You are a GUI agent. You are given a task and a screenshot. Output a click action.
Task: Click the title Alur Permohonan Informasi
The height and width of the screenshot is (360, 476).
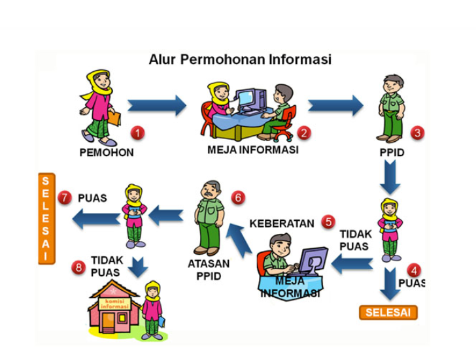(239, 59)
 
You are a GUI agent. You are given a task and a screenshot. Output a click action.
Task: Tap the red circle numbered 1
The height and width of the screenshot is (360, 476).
(137, 133)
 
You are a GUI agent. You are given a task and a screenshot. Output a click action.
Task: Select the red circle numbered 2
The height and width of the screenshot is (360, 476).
(303, 133)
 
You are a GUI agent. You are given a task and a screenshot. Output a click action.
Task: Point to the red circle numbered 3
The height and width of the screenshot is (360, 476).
(418, 133)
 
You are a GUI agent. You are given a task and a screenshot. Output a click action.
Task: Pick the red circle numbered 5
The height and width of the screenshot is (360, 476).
(328, 222)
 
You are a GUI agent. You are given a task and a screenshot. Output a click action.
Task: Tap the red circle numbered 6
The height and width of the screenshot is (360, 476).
(237, 197)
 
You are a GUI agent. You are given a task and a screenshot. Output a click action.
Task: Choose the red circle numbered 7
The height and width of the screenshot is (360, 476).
(64, 197)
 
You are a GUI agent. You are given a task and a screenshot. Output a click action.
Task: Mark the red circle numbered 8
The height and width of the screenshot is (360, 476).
(80, 267)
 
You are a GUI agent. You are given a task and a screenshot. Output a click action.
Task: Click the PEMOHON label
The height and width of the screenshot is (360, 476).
(107, 153)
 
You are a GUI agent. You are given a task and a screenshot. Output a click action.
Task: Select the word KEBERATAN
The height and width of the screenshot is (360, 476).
(282, 223)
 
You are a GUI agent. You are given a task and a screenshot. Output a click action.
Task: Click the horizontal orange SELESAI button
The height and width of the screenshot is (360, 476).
(388, 312)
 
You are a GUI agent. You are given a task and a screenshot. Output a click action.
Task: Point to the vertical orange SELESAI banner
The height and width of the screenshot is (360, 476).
(44, 218)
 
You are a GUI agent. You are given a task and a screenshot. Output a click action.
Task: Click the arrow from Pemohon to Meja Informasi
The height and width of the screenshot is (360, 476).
(156, 105)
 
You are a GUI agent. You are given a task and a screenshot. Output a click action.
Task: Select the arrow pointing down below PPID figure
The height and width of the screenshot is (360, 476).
(390, 174)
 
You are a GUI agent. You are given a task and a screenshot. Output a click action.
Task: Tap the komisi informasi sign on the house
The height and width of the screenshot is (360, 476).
(114, 302)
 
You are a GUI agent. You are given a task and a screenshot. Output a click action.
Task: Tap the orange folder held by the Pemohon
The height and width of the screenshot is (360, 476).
(114, 118)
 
